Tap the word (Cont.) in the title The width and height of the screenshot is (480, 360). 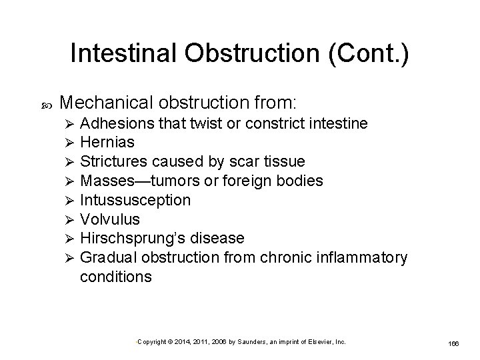(x=369, y=55)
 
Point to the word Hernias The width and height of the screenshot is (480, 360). (x=107, y=142)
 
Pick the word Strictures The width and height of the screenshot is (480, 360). (x=114, y=161)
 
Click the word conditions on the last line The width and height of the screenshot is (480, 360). (x=115, y=276)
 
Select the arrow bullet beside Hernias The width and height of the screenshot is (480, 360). (x=65, y=143)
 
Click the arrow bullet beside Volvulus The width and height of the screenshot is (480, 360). (x=65, y=219)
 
